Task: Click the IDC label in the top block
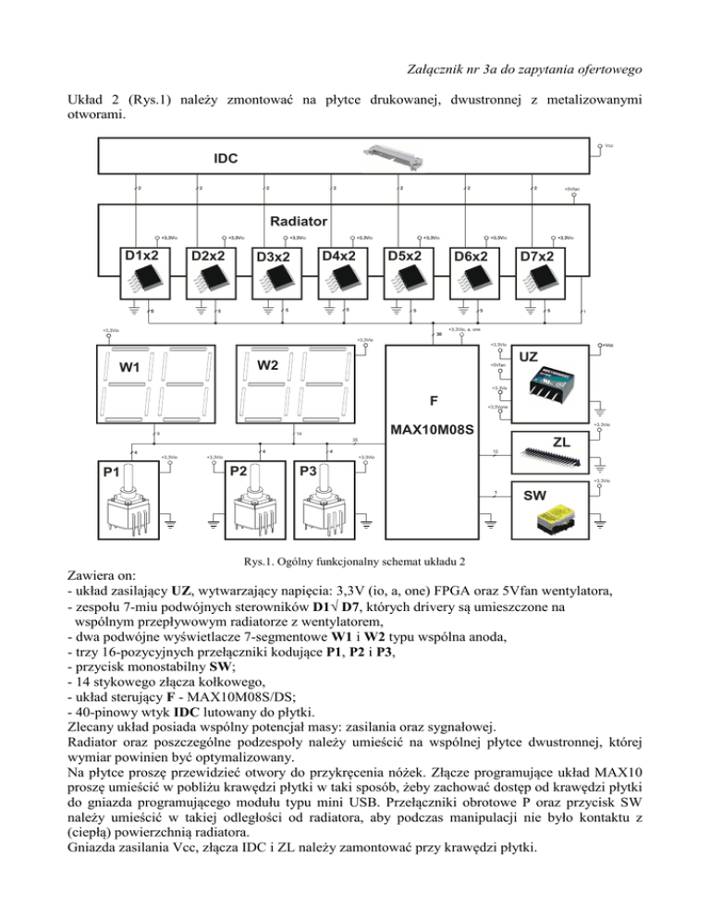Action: (x=226, y=158)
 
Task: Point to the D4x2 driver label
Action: (x=340, y=254)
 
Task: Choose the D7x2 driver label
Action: (x=536, y=255)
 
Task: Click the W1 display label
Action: (x=130, y=369)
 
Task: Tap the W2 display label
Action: (x=268, y=365)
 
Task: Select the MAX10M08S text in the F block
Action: (x=433, y=431)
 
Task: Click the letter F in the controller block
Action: (x=433, y=401)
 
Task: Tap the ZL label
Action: (x=561, y=441)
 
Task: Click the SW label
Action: (x=535, y=496)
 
